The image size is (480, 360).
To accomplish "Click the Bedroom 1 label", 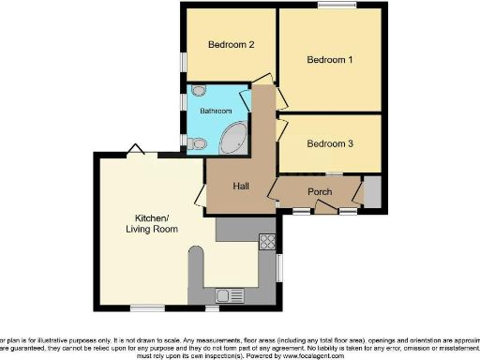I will click(x=330, y=60).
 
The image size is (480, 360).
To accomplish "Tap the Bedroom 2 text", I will click(x=231, y=44).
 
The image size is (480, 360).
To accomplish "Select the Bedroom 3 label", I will click(x=330, y=143).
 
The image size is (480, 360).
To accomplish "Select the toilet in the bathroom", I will click(x=197, y=143).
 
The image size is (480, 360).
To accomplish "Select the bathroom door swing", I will click(x=247, y=99).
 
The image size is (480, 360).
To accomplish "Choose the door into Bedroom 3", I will click(x=280, y=129).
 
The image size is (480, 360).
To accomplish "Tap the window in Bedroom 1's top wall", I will click(x=331, y=7).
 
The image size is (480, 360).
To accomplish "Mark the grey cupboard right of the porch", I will click(x=372, y=191).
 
